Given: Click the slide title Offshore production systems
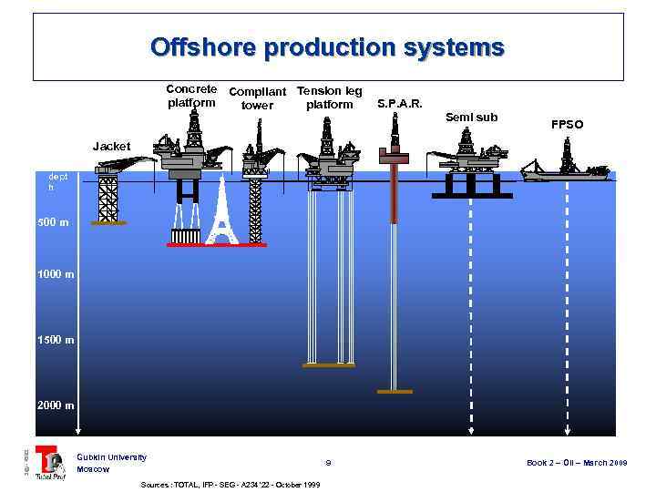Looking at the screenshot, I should pos(327,46).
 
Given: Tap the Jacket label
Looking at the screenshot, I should pos(112,146).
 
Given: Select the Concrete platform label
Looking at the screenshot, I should pos(191,96).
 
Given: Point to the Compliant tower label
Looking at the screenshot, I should pos(257,98).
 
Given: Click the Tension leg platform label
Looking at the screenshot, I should pos(330,97).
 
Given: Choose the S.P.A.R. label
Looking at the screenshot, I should pos(400,103).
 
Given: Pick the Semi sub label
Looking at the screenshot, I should pos(472,117).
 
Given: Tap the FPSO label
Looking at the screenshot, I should pos(567,124).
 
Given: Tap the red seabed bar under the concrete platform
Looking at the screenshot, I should pos(217,245).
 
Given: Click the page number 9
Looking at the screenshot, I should pos(328,463).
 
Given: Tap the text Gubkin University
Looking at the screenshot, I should pos(111,456).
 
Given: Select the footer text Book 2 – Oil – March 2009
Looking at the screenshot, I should pos(577,463).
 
